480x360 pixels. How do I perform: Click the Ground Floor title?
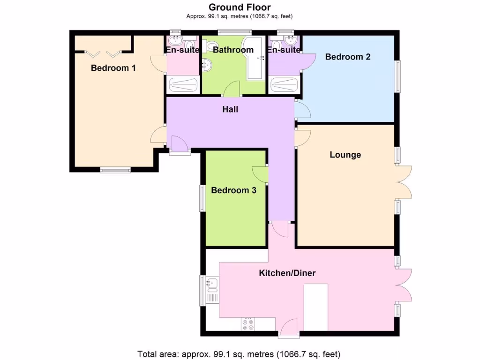point(240,7)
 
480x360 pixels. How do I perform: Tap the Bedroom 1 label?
point(113,68)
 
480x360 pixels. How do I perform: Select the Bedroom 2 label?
point(348,57)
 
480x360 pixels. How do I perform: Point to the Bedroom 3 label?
point(233,190)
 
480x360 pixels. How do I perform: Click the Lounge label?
point(345,155)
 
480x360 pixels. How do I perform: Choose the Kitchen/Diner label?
point(287,273)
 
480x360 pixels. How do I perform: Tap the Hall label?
point(230,109)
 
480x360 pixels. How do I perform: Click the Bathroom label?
point(233,50)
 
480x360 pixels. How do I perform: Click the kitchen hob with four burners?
point(248,324)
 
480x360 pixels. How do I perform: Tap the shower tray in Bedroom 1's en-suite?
point(183,85)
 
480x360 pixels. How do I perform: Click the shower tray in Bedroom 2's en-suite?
point(285,85)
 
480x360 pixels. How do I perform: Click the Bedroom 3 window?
point(202,198)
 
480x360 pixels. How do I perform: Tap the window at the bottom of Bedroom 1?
point(115,170)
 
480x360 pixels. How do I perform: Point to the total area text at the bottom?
point(239,353)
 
